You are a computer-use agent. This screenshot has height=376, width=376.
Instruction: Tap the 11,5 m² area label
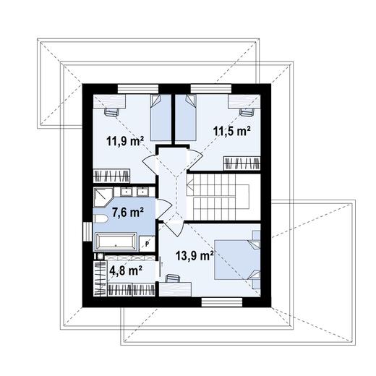tap(231, 131)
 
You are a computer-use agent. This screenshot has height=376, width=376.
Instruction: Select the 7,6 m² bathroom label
tap(128, 212)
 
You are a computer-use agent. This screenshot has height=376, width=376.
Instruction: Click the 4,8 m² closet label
tap(125, 272)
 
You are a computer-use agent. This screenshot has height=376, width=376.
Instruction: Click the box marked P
tap(148, 244)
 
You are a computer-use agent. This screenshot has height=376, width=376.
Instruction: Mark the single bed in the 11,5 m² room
tap(185, 116)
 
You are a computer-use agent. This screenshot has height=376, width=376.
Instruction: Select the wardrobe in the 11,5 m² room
tap(241, 163)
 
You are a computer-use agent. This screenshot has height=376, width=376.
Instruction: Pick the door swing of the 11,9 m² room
tap(149, 163)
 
